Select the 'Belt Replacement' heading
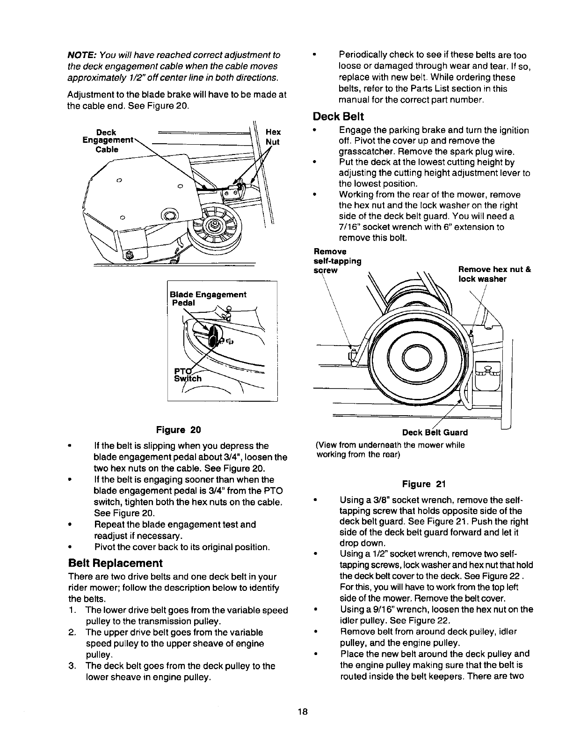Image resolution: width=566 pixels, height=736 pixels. coord(115,562)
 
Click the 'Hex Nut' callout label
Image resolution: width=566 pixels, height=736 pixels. coord(273,137)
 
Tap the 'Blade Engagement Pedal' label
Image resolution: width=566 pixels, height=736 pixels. coord(208,298)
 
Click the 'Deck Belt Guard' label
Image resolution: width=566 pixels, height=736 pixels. coord(435,432)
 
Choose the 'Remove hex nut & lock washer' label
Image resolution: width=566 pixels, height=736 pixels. coord(495,274)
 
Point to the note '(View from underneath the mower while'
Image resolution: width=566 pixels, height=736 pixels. coord(391,445)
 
